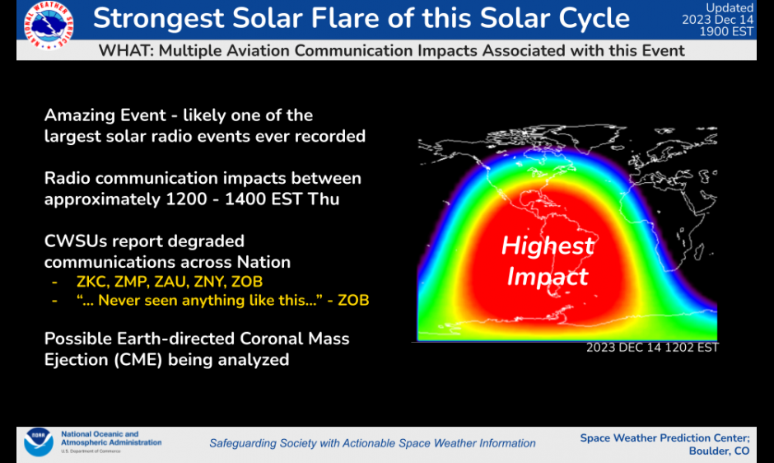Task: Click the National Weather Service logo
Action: [48, 25]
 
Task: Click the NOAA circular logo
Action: [38, 443]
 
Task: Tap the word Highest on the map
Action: [548, 246]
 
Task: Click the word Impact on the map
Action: [548, 277]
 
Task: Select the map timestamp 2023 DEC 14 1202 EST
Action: [652, 348]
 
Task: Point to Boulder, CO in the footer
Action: [719, 451]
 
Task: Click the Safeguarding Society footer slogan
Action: [372, 443]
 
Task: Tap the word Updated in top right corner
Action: [730, 7]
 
